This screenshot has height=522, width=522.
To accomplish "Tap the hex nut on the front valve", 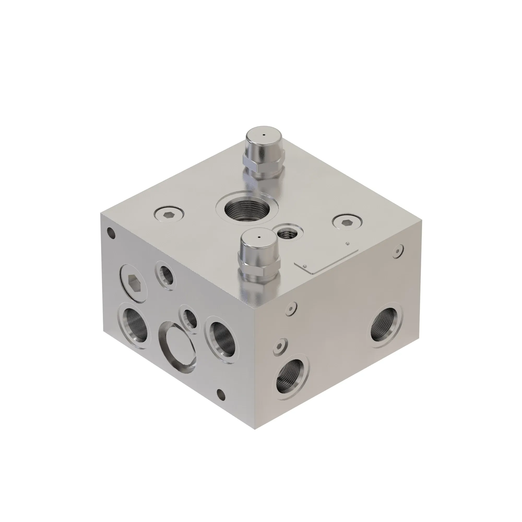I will coord(258,266).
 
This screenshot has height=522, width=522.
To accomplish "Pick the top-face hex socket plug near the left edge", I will coord(169,215).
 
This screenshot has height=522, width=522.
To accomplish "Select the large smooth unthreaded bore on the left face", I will coord(177,347).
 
